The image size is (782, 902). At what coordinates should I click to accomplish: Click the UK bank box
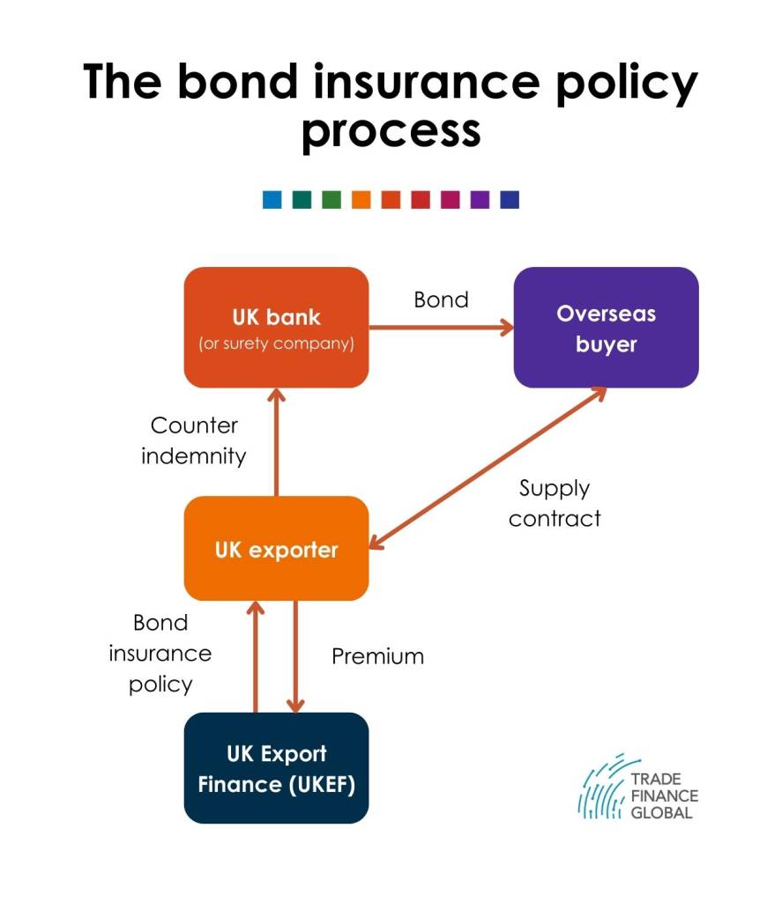(x=276, y=328)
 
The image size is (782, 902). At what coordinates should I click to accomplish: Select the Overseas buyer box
(x=606, y=328)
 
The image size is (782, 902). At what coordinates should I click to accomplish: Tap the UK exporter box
(x=276, y=548)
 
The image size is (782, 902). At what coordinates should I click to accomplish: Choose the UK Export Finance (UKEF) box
(x=276, y=768)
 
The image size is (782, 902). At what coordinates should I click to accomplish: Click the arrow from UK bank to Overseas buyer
(x=441, y=328)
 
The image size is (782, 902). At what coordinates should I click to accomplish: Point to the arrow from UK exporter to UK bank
(x=277, y=442)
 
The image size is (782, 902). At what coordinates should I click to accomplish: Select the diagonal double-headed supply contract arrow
(x=488, y=468)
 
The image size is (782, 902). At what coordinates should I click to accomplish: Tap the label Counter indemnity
(x=194, y=440)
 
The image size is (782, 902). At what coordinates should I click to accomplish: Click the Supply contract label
(x=555, y=503)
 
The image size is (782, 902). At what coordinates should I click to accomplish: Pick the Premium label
(x=377, y=656)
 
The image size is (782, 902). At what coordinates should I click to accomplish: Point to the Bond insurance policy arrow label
(x=160, y=654)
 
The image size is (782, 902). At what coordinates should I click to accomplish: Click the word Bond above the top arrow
(x=441, y=299)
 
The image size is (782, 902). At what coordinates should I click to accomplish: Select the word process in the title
(x=391, y=132)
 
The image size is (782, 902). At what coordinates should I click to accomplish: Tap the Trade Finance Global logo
(x=638, y=787)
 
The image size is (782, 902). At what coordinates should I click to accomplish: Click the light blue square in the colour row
(x=272, y=200)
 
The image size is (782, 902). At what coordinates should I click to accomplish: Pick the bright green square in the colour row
(x=331, y=200)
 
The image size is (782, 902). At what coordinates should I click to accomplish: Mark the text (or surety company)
(x=277, y=344)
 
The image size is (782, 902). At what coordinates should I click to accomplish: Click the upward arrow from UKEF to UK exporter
(x=256, y=657)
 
